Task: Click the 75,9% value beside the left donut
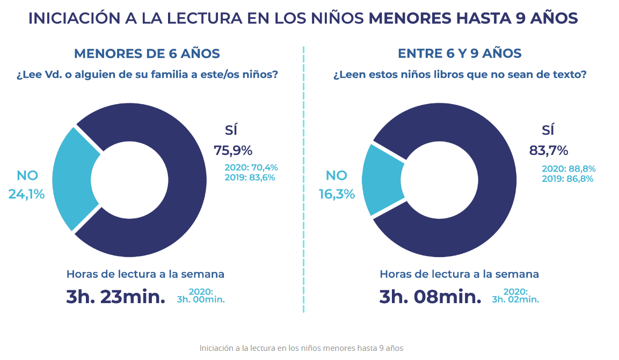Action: [x=233, y=150]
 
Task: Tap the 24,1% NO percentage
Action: [x=26, y=194]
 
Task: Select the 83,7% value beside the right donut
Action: [x=548, y=150]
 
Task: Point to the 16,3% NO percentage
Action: [x=337, y=194]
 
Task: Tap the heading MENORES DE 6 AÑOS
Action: [x=147, y=54]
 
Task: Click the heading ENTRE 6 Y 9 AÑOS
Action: [x=460, y=54]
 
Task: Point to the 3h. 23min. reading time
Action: [x=115, y=297]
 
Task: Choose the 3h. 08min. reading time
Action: [x=430, y=297]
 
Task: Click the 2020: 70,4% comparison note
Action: [x=251, y=167]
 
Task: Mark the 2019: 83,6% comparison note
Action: [x=250, y=177]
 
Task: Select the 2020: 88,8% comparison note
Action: [x=568, y=169]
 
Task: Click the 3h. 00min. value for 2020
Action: [x=200, y=299]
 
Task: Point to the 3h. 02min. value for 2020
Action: [x=515, y=299]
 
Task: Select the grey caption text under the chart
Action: [x=301, y=348]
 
